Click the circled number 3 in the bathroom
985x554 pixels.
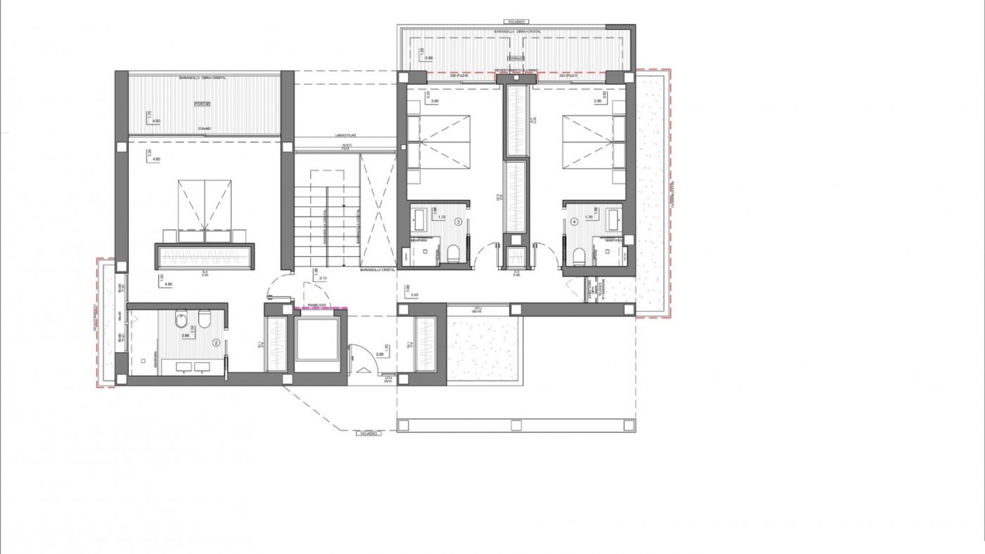[x=458, y=222]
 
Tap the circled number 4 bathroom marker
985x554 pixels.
[x=574, y=222]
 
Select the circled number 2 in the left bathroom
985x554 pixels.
[x=216, y=342]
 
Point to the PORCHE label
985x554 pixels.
[x=202, y=104]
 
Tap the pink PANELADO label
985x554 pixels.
[x=317, y=306]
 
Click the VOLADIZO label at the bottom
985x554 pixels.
[x=368, y=433]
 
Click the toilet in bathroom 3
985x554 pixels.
[x=453, y=254]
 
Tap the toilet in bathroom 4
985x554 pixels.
[x=579, y=255]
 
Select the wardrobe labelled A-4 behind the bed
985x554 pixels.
[x=205, y=256]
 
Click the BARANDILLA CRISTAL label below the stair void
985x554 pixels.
[x=378, y=270]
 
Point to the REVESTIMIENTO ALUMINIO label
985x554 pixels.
[x=516, y=70]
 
